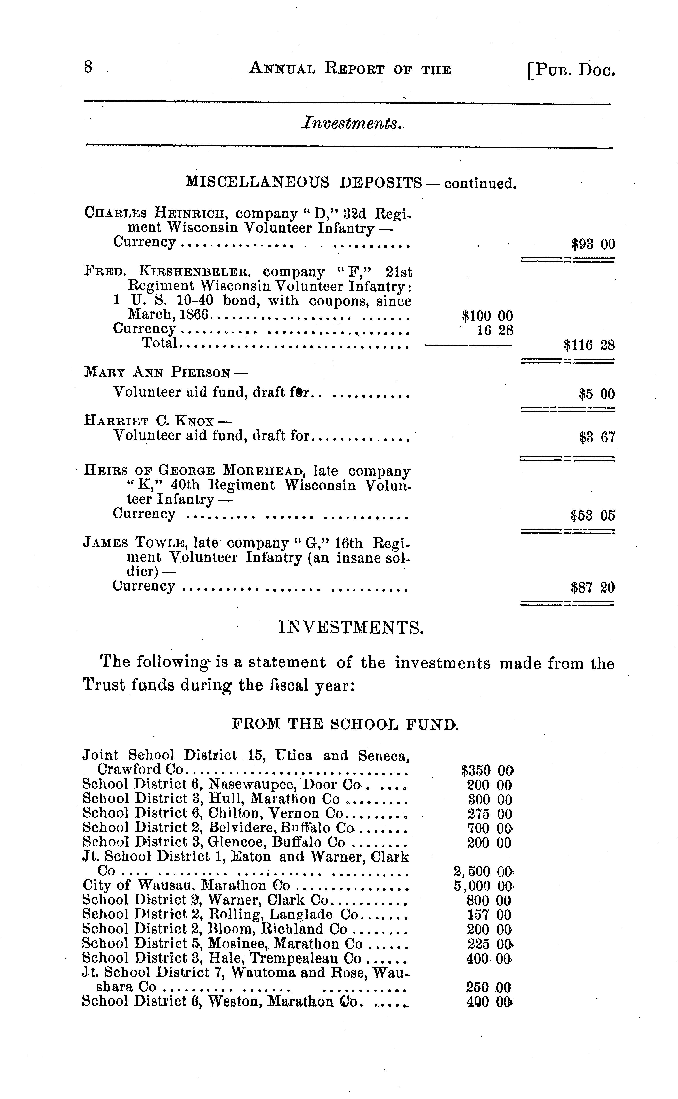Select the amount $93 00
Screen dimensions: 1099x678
[x=593, y=244]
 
